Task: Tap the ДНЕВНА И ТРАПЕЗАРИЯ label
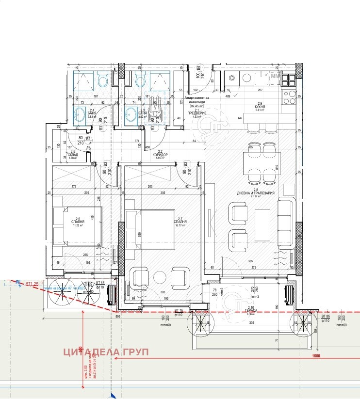click(256, 193)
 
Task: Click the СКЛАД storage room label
click(73, 154)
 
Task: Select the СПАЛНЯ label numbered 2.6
click(78, 222)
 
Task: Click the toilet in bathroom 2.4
click(102, 80)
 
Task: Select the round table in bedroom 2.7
click(160, 278)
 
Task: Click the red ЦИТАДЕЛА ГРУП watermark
click(106, 352)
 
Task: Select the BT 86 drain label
click(325, 318)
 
